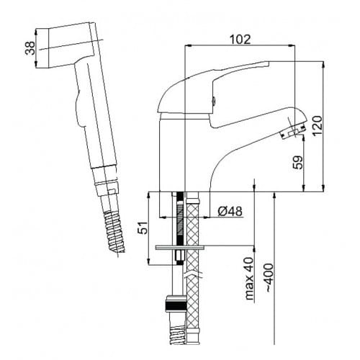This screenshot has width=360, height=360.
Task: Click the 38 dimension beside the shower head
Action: pyautogui.click(x=29, y=49)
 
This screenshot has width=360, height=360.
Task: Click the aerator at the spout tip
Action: pyautogui.click(x=293, y=132)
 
